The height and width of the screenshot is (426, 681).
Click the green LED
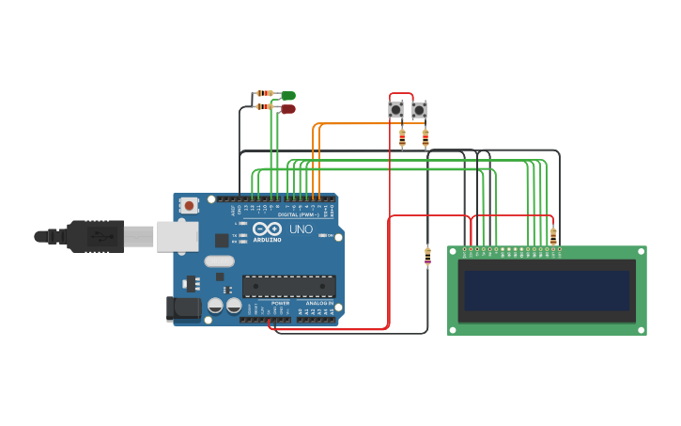pyautogui.click(x=287, y=95)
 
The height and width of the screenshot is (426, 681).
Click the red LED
pyautogui.click(x=287, y=109)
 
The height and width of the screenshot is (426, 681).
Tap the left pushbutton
pyautogui.click(x=396, y=110)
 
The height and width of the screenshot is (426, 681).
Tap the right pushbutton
pyautogui.click(x=419, y=110)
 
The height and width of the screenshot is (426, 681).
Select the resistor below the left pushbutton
pyautogui.click(x=402, y=138)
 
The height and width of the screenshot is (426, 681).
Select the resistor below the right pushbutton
pyautogui.click(x=425, y=138)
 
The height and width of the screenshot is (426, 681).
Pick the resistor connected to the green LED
pyautogui.click(x=265, y=93)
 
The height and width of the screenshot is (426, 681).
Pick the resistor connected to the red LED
pyautogui.click(x=265, y=106)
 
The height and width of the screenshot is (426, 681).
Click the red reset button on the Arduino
pyautogui.click(x=189, y=205)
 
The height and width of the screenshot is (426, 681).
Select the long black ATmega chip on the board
pyautogui.click(x=288, y=286)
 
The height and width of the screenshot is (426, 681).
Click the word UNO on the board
pyautogui.click(x=301, y=229)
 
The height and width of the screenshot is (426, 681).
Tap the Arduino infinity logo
pyautogui.click(x=267, y=229)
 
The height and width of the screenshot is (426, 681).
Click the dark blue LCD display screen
pyautogui.click(x=546, y=291)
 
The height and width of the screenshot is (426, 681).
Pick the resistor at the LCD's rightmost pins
pyautogui.click(x=553, y=235)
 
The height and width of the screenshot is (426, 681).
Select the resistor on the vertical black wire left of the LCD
pyautogui.click(x=428, y=256)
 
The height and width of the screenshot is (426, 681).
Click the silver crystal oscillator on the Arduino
pyautogui.click(x=218, y=261)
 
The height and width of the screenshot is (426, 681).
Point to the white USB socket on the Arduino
pyautogui.click(x=177, y=236)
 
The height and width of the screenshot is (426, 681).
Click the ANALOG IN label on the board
pyautogui.click(x=317, y=304)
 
